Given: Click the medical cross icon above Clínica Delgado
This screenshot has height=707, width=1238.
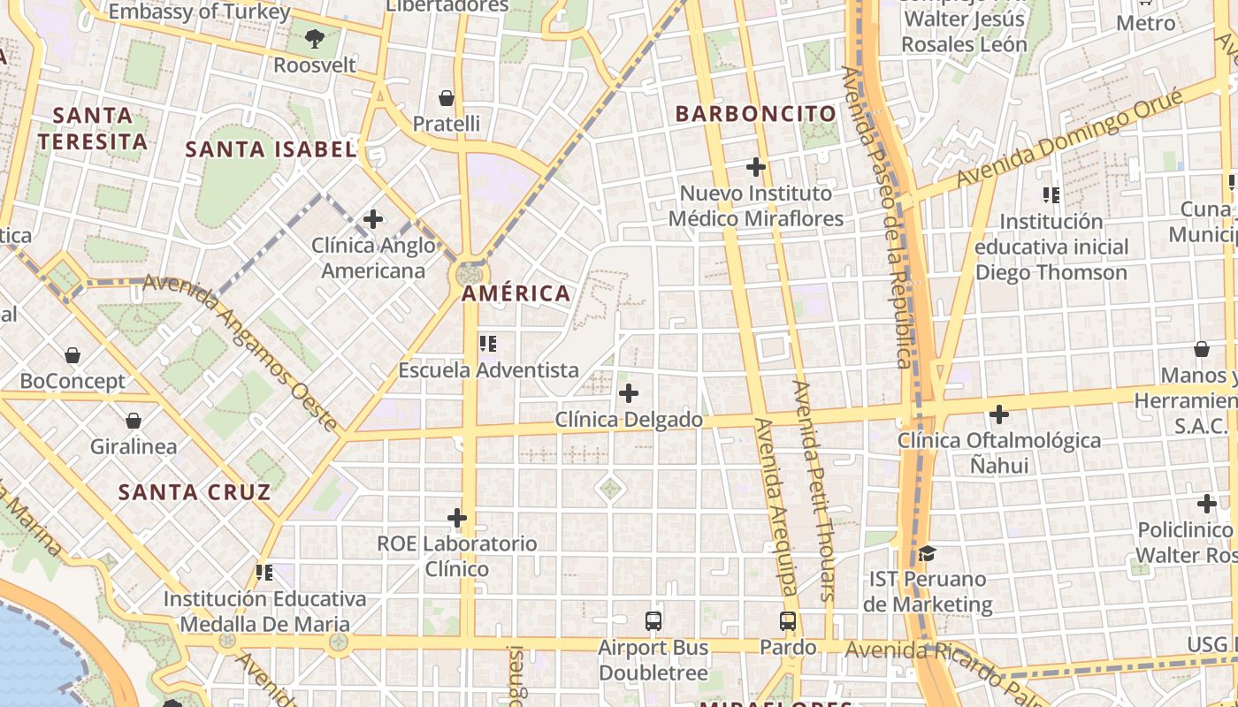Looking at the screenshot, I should coord(629,393).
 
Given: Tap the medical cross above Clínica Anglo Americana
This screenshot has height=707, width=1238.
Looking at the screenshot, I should coord(373,219).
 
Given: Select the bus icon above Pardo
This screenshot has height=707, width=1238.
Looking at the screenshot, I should coord(788,621).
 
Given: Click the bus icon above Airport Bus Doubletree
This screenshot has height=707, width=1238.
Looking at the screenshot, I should coord(653,621).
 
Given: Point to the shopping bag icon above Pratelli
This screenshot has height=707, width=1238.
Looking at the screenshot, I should coord(447,97).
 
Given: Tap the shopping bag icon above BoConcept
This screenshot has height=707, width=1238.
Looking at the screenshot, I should coord(73,355).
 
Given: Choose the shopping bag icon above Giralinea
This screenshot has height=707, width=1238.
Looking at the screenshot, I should coord(134,421).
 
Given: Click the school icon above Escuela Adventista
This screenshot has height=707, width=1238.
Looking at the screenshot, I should coord(488,343).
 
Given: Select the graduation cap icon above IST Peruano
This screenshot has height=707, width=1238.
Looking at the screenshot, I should coord(927,554).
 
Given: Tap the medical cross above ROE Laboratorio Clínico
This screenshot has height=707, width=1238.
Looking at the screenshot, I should coord(457,517).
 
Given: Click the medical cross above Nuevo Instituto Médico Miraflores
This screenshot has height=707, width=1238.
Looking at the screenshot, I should coord(756,166).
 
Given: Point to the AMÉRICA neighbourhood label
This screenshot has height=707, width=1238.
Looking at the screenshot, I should coord(516,293).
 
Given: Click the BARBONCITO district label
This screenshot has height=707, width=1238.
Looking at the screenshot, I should coord(756,114).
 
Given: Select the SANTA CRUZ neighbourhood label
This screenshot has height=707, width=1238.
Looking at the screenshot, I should coord(195,492).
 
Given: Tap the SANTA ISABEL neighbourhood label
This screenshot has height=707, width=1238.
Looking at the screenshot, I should coord(271,149).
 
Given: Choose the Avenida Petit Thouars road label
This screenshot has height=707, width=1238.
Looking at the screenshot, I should coord(814,490).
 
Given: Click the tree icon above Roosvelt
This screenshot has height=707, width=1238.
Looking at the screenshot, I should coord(314,38).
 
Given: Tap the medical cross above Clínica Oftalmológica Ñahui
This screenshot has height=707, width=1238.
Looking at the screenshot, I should coord(999,414).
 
